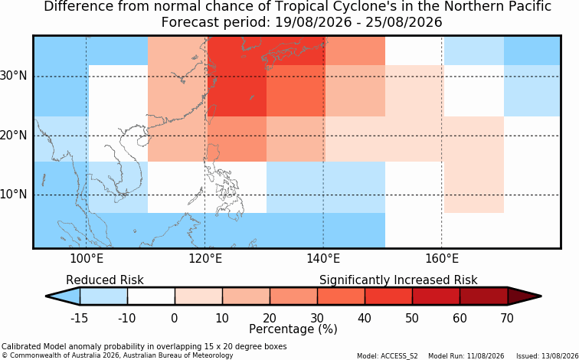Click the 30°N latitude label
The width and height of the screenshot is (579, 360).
click(14, 76)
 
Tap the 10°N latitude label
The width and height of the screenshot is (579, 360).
click(14, 195)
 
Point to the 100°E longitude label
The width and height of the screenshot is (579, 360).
click(87, 259)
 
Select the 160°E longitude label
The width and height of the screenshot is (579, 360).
click(442, 259)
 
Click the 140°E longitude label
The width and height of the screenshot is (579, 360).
click(323, 259)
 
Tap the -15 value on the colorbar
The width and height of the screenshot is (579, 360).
click(80, 318)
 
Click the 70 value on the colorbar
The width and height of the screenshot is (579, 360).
click(507, 318)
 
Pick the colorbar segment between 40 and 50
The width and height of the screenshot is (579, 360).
click(388, 296)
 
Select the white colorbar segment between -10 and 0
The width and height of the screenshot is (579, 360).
click(151, 296)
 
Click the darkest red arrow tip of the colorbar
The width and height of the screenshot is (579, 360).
click(525, 296)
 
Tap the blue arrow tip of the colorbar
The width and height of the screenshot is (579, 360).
click(63, 296)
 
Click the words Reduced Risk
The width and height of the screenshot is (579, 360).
click(105, 280)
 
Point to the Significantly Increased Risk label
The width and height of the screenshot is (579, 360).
click(398, 280)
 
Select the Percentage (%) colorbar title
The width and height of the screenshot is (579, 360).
click(293, 329)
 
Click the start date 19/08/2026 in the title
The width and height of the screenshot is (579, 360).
click(313, 22)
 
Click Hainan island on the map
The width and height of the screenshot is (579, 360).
click(142, 141)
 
